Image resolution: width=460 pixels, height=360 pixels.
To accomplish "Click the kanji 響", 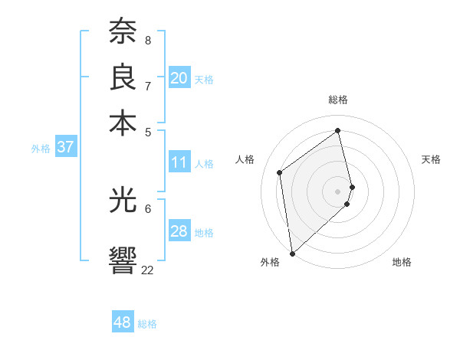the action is click(x=123, y=259).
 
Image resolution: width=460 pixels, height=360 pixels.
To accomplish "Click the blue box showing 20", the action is click(x=179, y=78).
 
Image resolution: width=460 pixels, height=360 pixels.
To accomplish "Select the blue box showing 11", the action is click(x=179, y=162).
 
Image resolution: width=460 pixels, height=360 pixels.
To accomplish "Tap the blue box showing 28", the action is click(x=179, y=231).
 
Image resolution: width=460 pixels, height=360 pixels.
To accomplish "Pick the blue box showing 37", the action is click(x=65, y=147).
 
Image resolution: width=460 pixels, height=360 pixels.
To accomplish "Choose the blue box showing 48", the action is click(x=122, y=322).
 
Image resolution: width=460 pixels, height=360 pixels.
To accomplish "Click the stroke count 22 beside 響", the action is click(x=147, y=270).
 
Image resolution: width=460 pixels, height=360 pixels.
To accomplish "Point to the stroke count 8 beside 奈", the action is click(x=147, y=39).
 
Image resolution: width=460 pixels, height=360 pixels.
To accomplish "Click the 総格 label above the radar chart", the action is click(x=337, y=100).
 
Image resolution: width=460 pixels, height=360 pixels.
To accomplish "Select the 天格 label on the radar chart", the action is click(x=431, y=159).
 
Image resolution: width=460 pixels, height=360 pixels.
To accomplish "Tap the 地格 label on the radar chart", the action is click(x=402, y=262).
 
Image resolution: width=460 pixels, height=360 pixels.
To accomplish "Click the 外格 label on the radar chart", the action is click(x=270, y=262).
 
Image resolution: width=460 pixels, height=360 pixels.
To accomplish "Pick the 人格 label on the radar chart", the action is click(x=245, y=159).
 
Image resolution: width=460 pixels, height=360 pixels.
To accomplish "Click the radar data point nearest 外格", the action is click(x=291, y=254).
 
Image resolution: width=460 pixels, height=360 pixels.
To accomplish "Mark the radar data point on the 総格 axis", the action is click(x=338, y=130).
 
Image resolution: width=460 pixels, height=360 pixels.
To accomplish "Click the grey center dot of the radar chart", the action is click(x=338, y=191).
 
